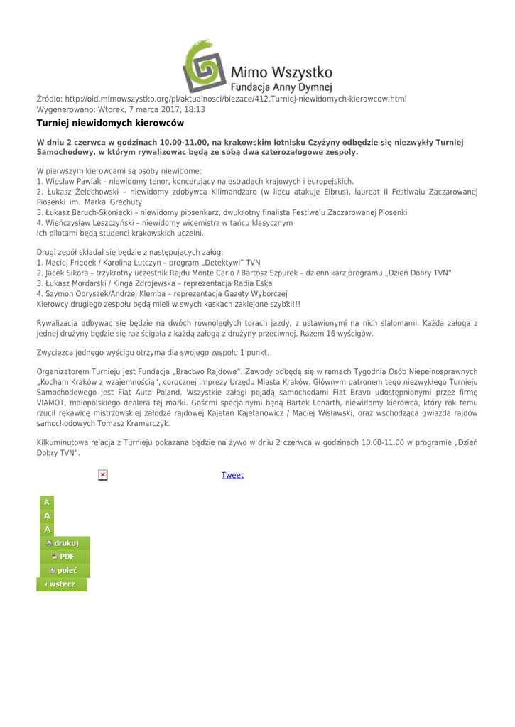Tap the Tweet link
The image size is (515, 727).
click(x=232, y=475)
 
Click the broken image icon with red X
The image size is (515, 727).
click(x=103, y=474)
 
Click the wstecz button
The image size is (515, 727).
click(x=61, y=584)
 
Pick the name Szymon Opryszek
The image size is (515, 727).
click(x=71, y=293)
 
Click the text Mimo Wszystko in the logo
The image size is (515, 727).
click(x=282, y=72)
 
